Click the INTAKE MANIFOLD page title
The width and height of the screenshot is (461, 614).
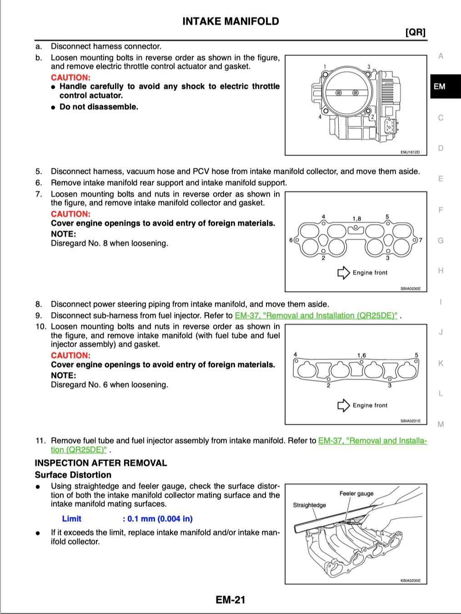230,21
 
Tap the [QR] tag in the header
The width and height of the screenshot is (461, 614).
416,32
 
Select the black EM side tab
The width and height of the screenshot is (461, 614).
446,86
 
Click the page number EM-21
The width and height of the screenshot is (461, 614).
230,600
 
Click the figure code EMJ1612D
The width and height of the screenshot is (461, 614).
410,152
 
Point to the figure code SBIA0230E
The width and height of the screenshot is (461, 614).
411,288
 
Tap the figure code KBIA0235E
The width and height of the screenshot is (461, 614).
411,581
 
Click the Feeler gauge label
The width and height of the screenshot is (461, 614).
356,494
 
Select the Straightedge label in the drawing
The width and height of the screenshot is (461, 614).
310,505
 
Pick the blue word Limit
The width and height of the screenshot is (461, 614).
71,519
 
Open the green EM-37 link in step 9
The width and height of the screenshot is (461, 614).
316,316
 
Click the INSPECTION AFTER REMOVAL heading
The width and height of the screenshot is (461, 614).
101,463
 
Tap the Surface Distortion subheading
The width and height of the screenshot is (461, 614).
73,475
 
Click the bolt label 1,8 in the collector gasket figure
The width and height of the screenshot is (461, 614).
356,219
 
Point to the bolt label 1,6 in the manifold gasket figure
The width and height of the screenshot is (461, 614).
361,355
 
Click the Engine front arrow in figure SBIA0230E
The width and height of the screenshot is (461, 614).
344,273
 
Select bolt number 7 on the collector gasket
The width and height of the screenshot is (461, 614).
421,240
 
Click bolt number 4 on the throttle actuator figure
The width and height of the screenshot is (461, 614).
320,116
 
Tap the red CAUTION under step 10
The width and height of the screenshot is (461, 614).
71,355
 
